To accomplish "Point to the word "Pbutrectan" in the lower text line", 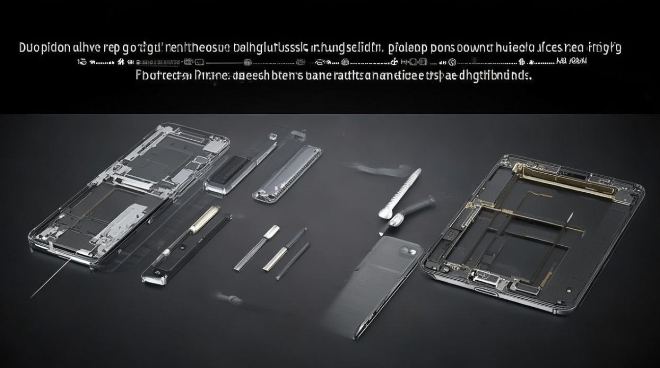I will click(163, 77).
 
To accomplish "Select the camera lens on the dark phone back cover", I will click(412, 251).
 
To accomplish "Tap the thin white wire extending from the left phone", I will click(49, 280).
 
